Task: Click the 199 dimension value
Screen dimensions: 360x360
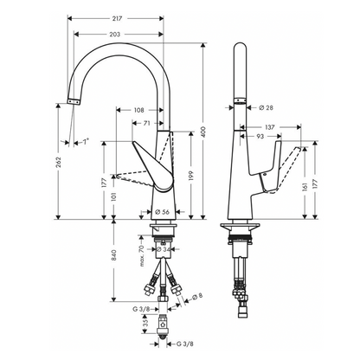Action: [x=192, y=177]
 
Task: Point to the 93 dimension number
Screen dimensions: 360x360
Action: [x=259, y=136]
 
